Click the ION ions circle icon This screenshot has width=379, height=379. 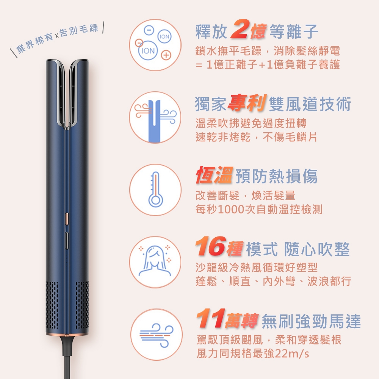pyautogui.click(x=155, y=45)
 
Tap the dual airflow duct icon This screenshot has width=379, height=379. pyautogui.click(x=155, y=117)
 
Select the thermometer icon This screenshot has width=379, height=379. pyautogui.click(x=155, y=189)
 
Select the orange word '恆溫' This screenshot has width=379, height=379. pyautogui.click(x=214, y=175)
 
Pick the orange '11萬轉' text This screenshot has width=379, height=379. pyautogui.click(x=227, y=321)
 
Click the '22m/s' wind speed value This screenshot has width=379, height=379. pyautogui.click(x=292, y=354)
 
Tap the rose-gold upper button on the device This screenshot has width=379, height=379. pyautogui.click(x=67, y=219)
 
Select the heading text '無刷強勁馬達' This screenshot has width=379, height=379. pyautogui.click(x=311, y=322)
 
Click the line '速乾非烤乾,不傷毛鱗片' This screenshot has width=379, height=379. pyautogui.click(x=256, y=137)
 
